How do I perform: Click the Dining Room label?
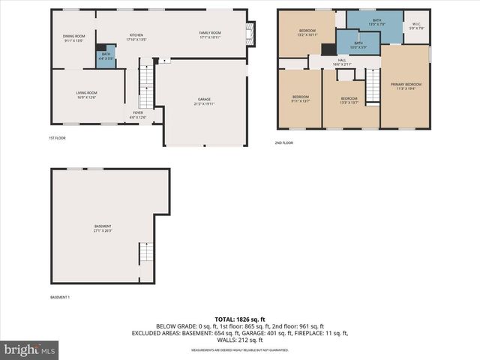tap(73, 37)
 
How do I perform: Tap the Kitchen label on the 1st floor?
tap(136, 37)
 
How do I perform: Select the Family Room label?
tap(210, 34)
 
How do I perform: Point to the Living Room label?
tap(87, 94)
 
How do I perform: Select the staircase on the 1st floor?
tap(145, 88)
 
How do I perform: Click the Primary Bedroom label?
tap(406, 86)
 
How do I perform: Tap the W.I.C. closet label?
tap(418, 26)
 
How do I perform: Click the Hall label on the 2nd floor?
tap(341, 62)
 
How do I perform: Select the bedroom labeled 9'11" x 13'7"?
tap(300, 99)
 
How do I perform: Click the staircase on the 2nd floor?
tap(373, 85)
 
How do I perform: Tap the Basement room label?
tap(103, 228)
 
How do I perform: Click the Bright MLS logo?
tap(30, 349)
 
